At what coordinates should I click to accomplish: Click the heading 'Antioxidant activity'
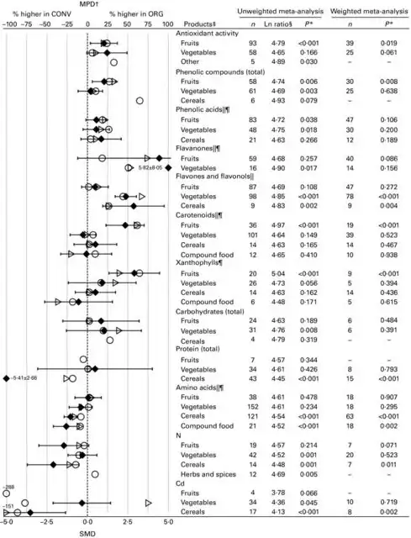[206, 33]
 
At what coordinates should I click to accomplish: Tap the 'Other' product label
[190, 63]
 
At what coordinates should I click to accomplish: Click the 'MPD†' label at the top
[87, 4]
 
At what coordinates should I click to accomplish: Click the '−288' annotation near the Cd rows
[10, 487]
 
